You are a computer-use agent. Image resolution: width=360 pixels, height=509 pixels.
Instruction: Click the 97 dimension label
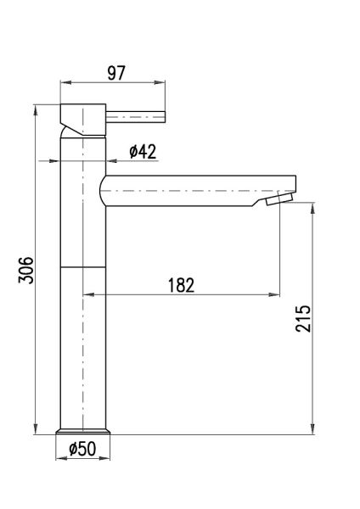(x=116, y=73)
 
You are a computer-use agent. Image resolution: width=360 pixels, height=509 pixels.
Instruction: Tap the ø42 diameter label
(x=143, y=151)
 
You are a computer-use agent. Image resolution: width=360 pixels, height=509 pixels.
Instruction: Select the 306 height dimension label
(x=26, y=271)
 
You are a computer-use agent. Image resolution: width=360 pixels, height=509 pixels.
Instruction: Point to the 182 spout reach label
(x=182, y=285)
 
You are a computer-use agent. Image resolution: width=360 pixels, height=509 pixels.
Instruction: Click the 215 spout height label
(x=303, y=318)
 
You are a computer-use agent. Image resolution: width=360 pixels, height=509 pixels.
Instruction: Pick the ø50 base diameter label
(x=82, y=449)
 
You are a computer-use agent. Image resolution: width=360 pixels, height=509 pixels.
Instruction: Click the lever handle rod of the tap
(x=136, y=117)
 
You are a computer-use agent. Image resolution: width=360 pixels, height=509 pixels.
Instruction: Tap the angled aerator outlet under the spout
(x=279, y=199)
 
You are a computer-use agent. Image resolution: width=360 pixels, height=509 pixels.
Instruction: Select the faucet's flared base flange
(x=83, y=432)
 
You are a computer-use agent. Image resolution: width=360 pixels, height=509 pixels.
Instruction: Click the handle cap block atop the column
(x=83, y=120)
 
